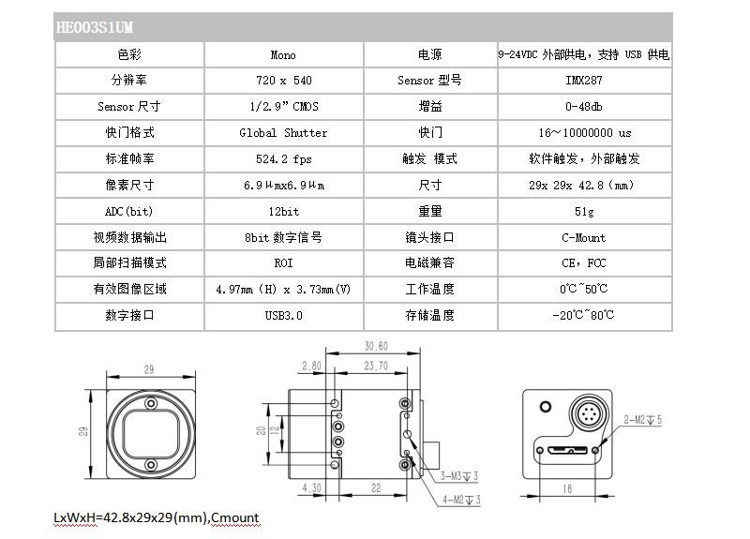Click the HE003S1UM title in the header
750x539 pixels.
pos(95,27)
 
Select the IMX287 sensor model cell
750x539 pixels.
pos(583,81)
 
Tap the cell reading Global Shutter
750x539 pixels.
pos(283,132)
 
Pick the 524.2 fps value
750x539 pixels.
pos(284,158)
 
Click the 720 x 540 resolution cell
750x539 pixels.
pos(284,81)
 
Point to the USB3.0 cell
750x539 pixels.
pos(284,315)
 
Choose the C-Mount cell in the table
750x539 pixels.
pos(583,238)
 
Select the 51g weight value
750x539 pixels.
pos(584,212)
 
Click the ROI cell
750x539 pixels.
pos(284,263)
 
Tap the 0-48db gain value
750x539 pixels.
pos(583,106)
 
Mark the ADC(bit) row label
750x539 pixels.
pos(129,212)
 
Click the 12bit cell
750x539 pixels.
pos(284,212)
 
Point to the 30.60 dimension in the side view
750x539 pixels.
pos(376,346)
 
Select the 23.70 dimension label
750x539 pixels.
pos(376,366)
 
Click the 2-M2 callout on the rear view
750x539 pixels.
pos(642,420)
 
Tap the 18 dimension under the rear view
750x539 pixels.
pos(567,488)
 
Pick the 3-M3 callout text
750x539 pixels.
pos(459,476)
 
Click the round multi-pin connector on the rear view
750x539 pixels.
pos(588,413)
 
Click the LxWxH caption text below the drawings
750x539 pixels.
pos(157,518)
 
